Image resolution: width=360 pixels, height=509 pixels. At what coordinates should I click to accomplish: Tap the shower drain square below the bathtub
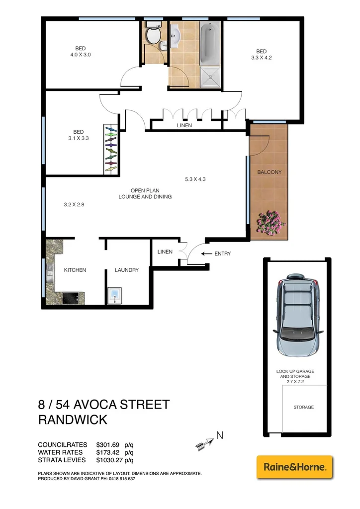(211, 78)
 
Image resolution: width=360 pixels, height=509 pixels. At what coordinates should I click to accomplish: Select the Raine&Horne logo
(294, 467)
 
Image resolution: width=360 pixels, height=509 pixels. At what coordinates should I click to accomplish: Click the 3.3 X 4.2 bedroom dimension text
(261, 58)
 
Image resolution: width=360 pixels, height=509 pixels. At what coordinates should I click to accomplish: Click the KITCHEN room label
(75, 270)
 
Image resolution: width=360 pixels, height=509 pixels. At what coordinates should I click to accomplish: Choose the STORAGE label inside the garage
(303, 407)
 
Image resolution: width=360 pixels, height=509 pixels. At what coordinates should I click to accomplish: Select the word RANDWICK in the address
(73, 420)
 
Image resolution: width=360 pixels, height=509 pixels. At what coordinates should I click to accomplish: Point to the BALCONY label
(269, 172)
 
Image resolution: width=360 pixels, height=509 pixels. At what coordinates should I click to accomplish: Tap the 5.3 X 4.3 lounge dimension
(195, 179)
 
